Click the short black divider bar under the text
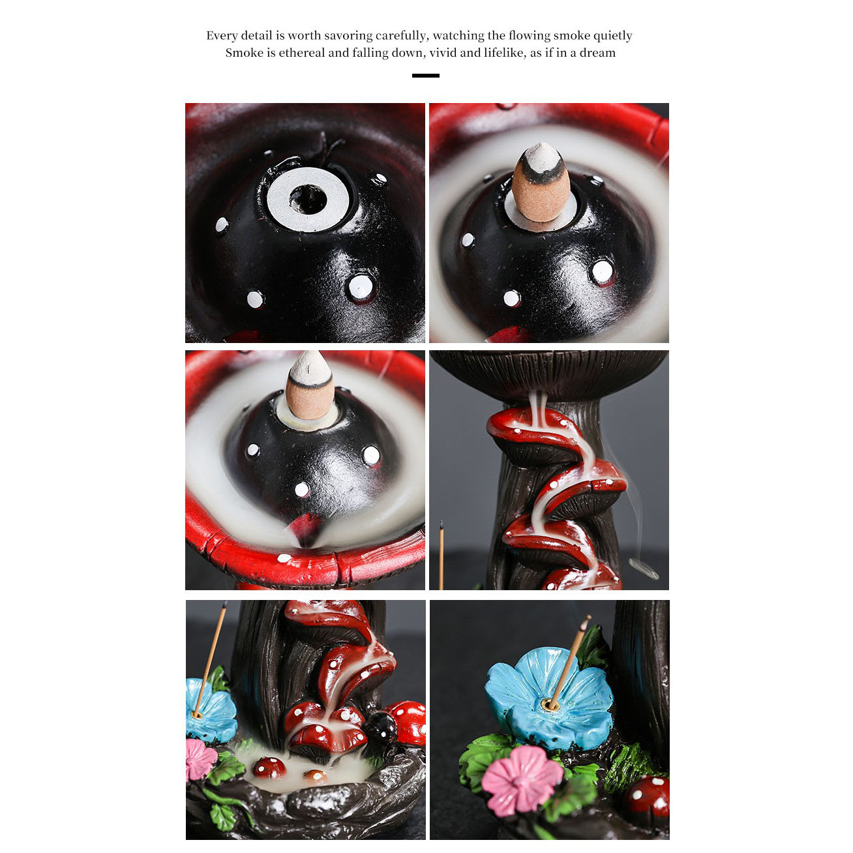425,76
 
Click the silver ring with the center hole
308,199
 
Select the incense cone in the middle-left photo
309,385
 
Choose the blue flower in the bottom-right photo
549,698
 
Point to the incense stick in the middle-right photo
441,555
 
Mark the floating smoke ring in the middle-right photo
644,568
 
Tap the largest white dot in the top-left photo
361,287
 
